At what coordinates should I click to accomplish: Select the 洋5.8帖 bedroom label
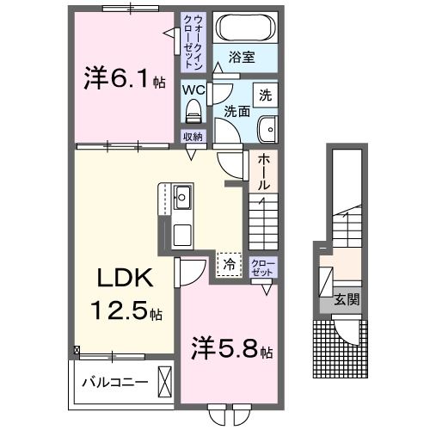click(x=231, y=352)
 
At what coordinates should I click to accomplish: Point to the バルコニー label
click(x=115, y=381)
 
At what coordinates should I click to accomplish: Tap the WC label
click(x=193, y=89)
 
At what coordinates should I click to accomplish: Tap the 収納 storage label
click(x=193, y=136)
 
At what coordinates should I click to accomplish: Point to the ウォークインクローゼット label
click(x=192, y=41)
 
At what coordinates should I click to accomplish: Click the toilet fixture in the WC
click(x=193, y=108)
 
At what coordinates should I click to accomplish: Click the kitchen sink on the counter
click(x=183, y=198)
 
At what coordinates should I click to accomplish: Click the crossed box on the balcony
click(x=166, y=382)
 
